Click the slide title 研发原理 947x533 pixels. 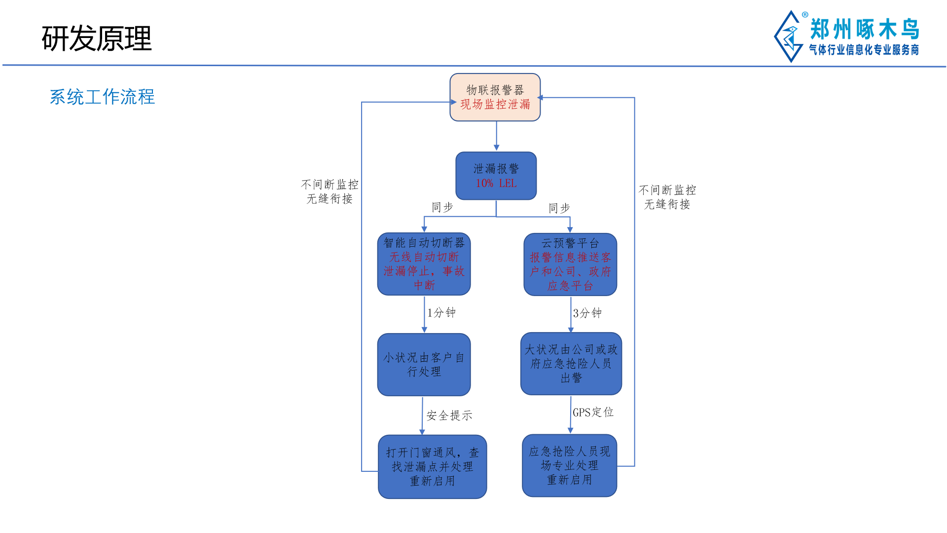[x=97, y=38]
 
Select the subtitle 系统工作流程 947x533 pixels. [x=102, y=97]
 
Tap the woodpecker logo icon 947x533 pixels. [x=790, y=37]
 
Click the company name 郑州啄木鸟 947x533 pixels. [x=865, y=29]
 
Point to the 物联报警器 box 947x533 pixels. [x=495, y=97]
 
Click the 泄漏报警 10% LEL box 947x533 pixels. [x=496, y=176]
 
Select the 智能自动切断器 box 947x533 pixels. [x=424, y=264]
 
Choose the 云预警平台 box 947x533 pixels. [x=570, y=265]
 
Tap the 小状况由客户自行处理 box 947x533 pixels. [x=424, y=364]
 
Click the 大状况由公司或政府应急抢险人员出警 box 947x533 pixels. [x=571, y=364]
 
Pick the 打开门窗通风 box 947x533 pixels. [x=432, y=466]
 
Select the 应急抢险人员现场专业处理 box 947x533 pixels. [x=569, y=465]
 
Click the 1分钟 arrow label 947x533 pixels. [x=441, y=312]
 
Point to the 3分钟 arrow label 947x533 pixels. [x=587, y=313]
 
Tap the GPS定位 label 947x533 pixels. [x=593, y=412]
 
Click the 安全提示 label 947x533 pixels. [x=449, y=416]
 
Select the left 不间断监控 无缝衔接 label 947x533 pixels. [x=329, y=191]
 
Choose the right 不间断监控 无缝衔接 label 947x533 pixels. [x=667, y=197]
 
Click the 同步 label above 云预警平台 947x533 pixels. [x=559, y=208]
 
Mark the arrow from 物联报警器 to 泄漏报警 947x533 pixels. [x=496, y=136]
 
